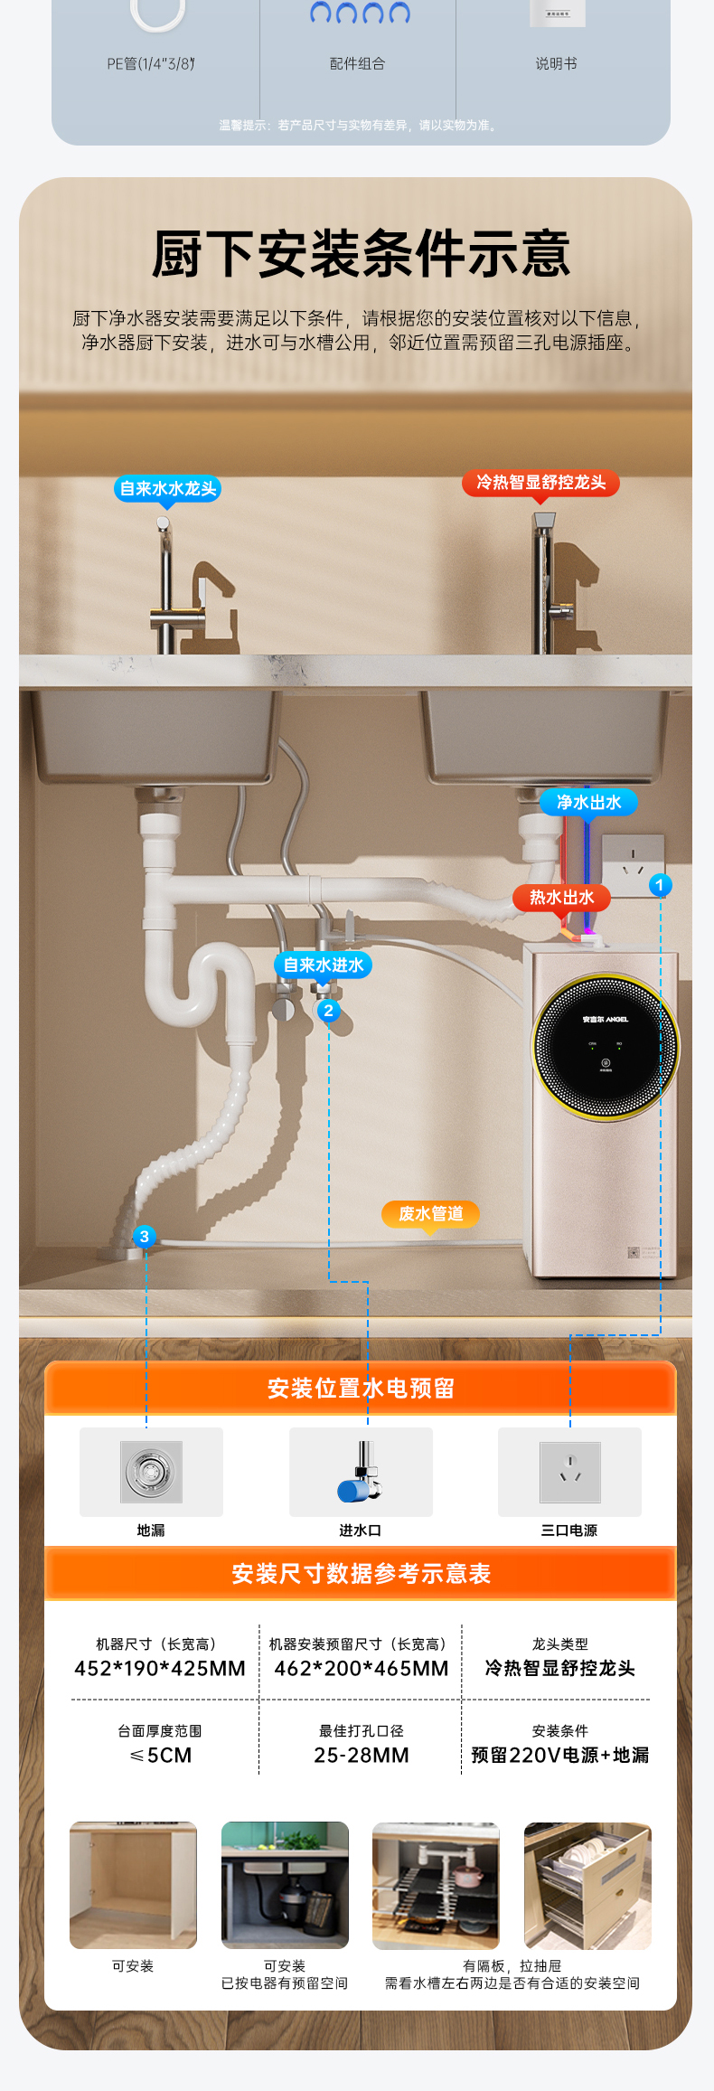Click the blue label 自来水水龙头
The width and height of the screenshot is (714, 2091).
tap(168, 489)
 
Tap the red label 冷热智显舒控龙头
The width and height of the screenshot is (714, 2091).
tap(540, 483)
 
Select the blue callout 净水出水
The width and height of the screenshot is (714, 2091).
tap(588, 802)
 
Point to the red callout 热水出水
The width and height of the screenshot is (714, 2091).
tap(561, 898)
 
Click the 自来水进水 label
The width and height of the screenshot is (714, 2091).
tap(324, 965)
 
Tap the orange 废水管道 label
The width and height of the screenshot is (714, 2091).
tap(430, 1213)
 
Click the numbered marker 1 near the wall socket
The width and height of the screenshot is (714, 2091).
tap(660, 885)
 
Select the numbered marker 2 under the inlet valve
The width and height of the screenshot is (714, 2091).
tap(328, 1011)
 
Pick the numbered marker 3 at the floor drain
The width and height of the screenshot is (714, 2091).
tap(144, 1237)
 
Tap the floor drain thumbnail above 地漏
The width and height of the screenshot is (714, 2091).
tap(151, 1472)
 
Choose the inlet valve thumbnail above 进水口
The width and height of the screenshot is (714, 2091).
tap(361, 1472)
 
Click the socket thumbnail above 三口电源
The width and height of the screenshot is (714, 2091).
tap(569, 1472)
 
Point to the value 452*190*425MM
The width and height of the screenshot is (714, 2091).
tap(160, 1669)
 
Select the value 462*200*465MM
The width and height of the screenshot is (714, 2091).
tap(362, 1669)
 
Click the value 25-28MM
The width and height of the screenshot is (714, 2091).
tap(362, 1756)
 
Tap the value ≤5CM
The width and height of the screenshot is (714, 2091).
tap(161, 1756)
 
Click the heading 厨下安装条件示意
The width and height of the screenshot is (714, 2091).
tap(361, 254)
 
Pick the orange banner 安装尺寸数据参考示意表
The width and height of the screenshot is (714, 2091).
tap(361, 1574)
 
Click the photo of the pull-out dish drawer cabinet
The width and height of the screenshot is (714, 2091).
tap(587, 1885)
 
